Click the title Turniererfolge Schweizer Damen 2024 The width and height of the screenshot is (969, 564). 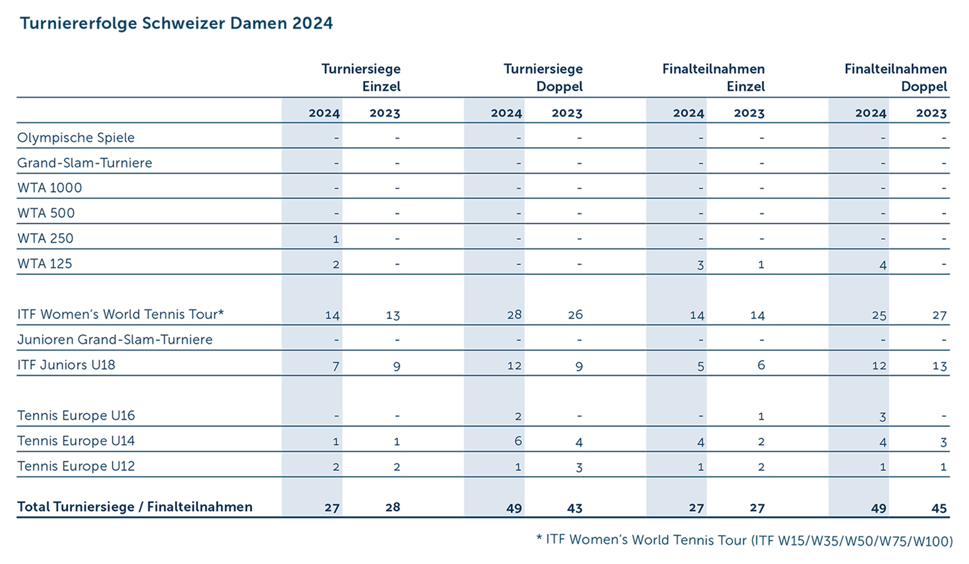tap(176, 23)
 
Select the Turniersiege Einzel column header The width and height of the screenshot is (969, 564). tap(361, 78)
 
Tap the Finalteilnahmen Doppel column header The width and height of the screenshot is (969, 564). tap(895, 78)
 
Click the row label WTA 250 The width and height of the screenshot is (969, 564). tap(46, 238)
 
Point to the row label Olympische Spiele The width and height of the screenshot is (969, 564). tap(76, 138)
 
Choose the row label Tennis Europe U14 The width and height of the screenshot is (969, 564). tap(76, 441)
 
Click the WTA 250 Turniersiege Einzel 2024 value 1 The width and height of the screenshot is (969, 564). tap(336, 239)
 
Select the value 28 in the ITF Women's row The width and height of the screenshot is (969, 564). tap(514, 315)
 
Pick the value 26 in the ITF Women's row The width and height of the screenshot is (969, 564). tap(575, 315)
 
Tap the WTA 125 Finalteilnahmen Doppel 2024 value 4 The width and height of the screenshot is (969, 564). tap(883, 265)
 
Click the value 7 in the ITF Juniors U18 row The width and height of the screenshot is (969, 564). tap(336, 366)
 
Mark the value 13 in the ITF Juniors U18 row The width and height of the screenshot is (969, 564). tap(939, 366)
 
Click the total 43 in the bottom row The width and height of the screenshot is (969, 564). tap(575, 508)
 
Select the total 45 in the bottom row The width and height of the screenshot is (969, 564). tap(939, 508)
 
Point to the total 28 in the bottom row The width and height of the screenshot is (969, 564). tap(392, 507)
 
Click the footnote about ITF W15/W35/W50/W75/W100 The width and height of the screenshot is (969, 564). tap(744, 540)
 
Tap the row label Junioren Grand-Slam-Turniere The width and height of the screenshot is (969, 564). tap(115, 340)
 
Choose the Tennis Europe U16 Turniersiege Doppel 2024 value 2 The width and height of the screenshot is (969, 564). tap(518, 416)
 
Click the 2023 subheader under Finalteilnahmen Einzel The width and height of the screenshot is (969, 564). tap(749, 113)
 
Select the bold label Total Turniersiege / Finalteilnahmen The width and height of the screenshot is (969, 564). tap(135, 507)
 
